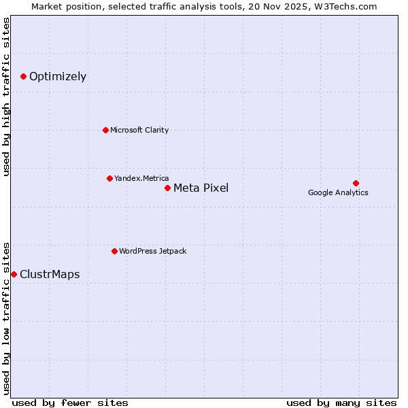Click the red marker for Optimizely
point(23,77)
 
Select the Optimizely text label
point(58,77)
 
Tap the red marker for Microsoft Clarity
point(105,130)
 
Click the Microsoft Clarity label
point(139,130)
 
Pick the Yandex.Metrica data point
point(109,178)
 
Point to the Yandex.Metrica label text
point(141,178)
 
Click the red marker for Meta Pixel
point(167,188)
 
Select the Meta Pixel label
point(201,188)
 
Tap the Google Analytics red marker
point(356,183)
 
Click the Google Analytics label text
point(338,192)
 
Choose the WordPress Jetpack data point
point(114,251)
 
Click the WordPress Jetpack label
point(152,251)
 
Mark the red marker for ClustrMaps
point(14,274)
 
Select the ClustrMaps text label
point(50,275)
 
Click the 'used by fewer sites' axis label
point(70,403)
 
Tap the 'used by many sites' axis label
point(341,403)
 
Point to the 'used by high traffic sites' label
point(7,97)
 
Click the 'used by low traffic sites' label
point(7,318)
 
